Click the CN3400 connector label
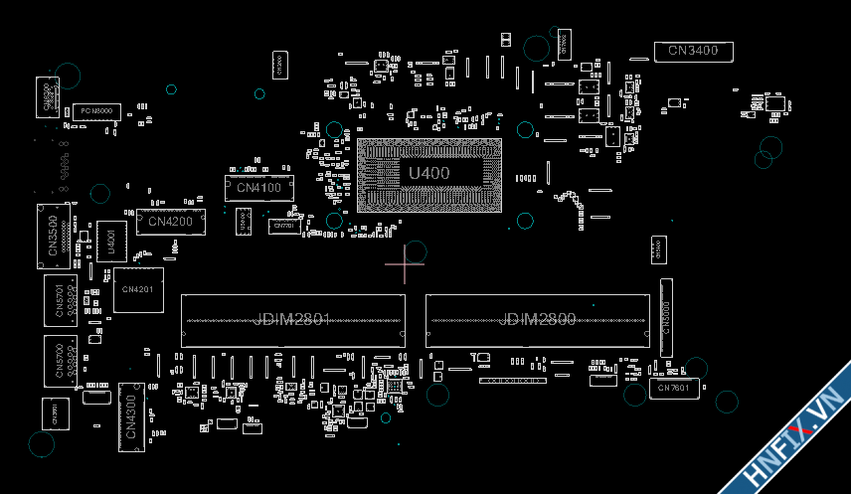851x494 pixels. [x=693, y=51]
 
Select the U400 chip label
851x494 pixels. [x=429, y=173]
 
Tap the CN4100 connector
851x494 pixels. [x=259, y=187]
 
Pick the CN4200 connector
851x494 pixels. [x=170, y=222]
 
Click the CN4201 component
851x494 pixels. [x=138, y=289]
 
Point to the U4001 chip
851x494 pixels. [x=111, y=242]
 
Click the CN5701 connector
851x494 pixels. [x=60, y=300]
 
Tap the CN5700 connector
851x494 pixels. [x=60, y=360]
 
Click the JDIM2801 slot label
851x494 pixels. [x=292, y=319]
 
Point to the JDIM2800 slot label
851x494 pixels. [x=537, y=319]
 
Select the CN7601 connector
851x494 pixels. [x=673, y=388]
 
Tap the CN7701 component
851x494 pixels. [x=283, y=227]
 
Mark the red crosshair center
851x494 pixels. [x=405, y=265]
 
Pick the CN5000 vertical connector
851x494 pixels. [x=666, y=317]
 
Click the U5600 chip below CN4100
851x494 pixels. [x=244, y=221]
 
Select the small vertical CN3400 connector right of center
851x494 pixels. [x=656, y=250]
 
